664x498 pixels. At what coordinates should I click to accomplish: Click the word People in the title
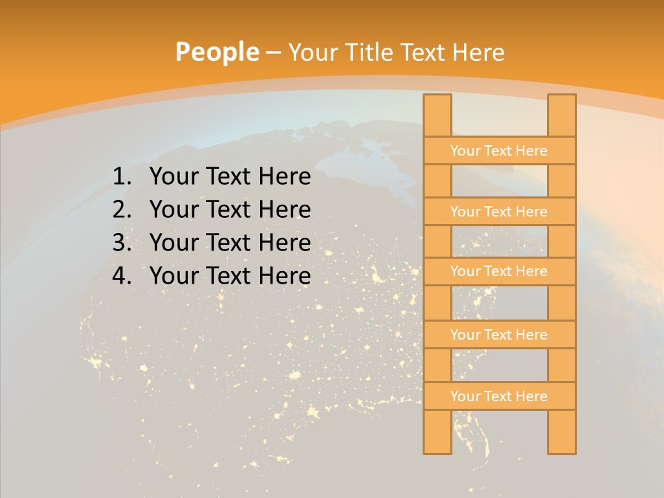click(x=216, y=52)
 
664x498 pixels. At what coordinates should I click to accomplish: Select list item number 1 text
click(x=230, y=177)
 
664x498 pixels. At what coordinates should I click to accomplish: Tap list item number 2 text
click(x=230, y=210)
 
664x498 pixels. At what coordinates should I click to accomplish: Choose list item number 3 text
click(x=230, y=243)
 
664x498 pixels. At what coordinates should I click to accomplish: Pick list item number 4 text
click(x=230, y=276)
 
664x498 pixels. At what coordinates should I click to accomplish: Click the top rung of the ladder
click(x=499, y=151)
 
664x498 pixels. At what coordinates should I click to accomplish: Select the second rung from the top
click(x=499, y=212)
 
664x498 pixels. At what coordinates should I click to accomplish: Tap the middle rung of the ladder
click(x=499, y=271)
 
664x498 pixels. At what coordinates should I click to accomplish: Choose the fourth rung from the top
click(x=499, y=335)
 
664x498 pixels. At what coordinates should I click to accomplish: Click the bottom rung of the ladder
click(x=499, y=396)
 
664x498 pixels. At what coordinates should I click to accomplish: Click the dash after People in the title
click(x=273, y=52)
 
